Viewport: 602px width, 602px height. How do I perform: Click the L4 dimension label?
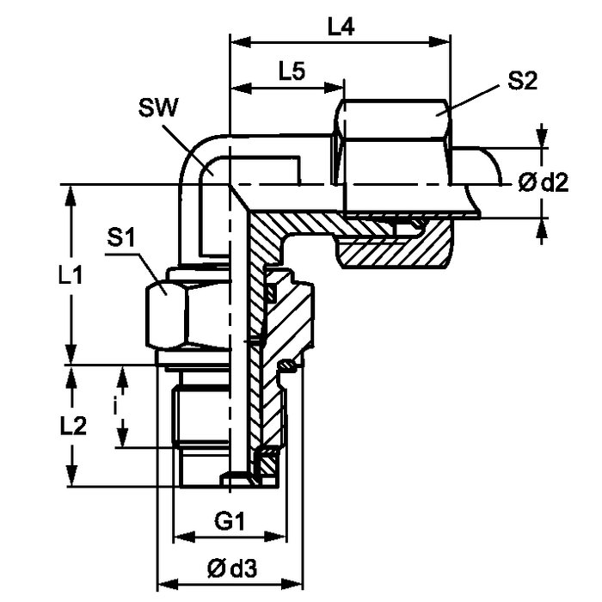(341, 28)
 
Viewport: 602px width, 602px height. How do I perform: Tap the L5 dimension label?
(292, 71)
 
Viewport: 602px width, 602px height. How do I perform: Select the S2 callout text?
(522, 81)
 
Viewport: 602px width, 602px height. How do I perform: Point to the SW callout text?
(158, 107)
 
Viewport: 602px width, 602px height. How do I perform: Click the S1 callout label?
(121, 237)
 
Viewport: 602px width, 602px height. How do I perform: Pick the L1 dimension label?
(71, 275)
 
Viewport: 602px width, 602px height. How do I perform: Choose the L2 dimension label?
(73, 426)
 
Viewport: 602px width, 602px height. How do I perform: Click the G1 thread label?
(230, 521)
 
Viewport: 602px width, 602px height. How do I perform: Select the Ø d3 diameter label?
(232, 568)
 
